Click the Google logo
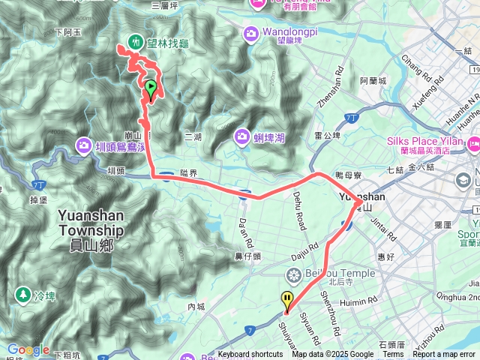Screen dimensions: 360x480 [x=28, y=349]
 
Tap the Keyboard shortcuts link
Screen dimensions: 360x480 [x=250, y=355]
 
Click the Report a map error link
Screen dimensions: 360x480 [x=445, y=355]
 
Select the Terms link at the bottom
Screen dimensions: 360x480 [x=393, y=355]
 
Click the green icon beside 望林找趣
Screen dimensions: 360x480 [x=136, y=42]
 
